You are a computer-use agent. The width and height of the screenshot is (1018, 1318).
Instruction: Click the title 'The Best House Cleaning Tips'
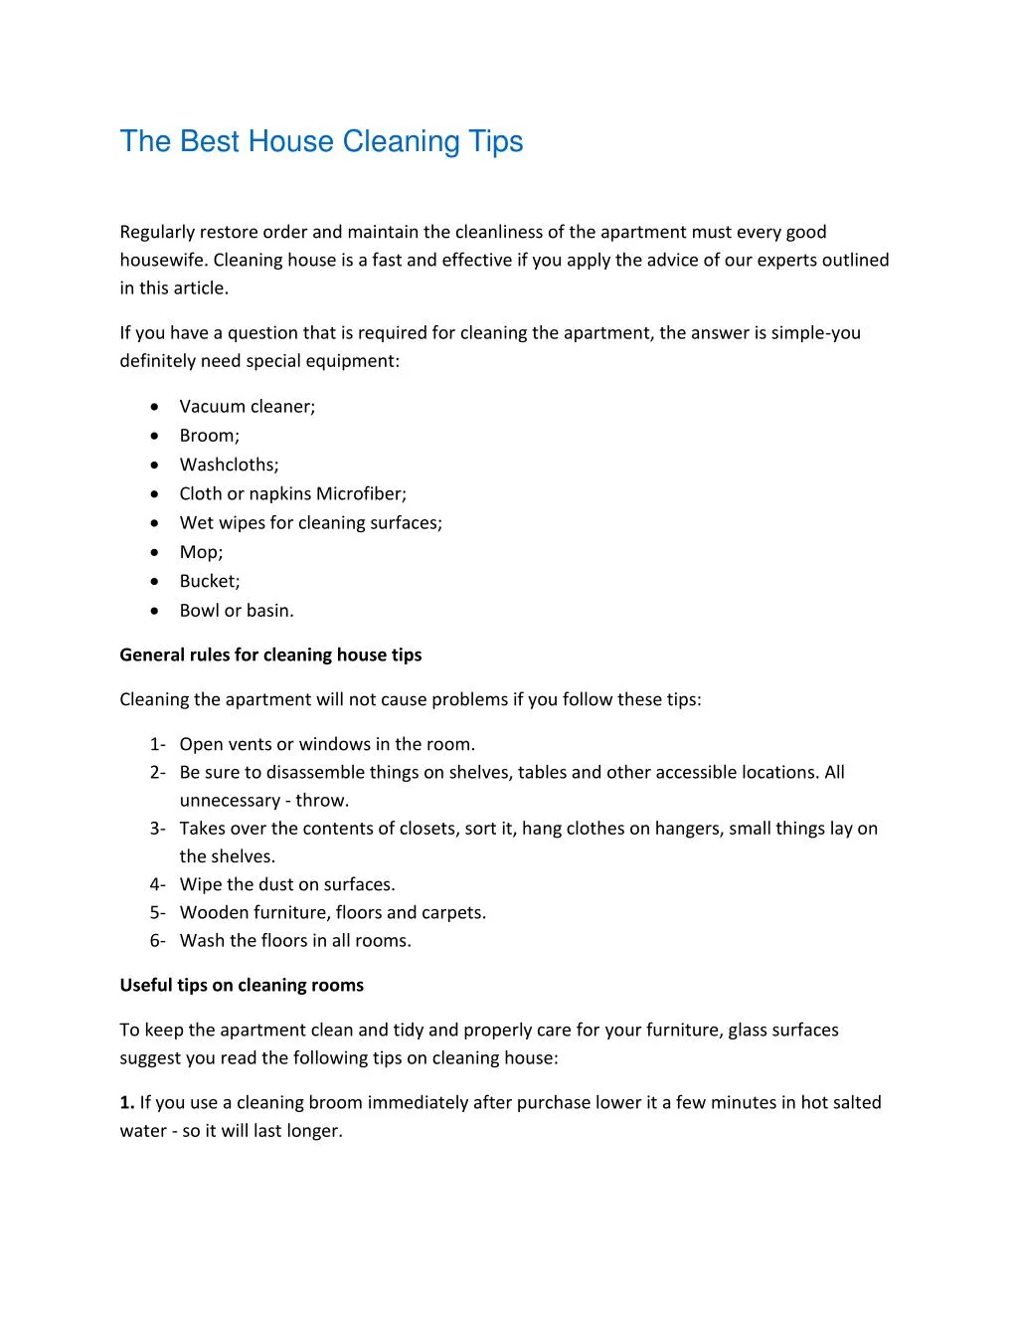tap(321, 141)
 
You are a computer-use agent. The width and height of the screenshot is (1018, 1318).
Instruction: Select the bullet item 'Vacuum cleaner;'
tap(247, 406)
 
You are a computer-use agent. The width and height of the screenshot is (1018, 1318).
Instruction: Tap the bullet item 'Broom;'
tap(209, 435)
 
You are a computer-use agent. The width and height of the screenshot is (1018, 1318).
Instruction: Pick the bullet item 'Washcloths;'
tap(229, 465)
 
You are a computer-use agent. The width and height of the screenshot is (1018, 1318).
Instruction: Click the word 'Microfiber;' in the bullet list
tap(361, 493)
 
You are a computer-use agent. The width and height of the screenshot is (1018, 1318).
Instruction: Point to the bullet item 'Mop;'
tap(201, 552)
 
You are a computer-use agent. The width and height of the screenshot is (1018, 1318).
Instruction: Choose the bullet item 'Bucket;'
tap(210, 581)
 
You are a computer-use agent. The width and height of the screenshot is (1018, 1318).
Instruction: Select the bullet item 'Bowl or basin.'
tap(237, 610)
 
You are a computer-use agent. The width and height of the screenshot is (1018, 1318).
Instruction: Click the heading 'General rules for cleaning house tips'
tap(270, 655)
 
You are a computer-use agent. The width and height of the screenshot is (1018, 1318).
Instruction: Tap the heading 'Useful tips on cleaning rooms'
tap(242, 985)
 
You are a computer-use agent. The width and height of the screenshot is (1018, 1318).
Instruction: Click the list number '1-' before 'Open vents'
tap(157, 744)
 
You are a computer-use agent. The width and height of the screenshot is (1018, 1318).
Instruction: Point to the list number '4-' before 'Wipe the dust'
tap(157, 884)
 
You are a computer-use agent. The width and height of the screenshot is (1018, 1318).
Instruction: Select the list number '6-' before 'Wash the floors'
tap(157, 940)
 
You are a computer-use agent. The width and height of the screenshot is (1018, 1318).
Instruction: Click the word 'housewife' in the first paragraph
tap(163, 260)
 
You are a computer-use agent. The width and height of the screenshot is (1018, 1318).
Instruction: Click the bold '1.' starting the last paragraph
tap(126, 1102)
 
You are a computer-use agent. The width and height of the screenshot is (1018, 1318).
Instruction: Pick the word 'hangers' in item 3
tap(687, 828)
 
